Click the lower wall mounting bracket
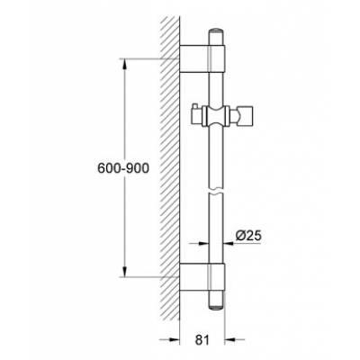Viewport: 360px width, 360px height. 199,280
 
